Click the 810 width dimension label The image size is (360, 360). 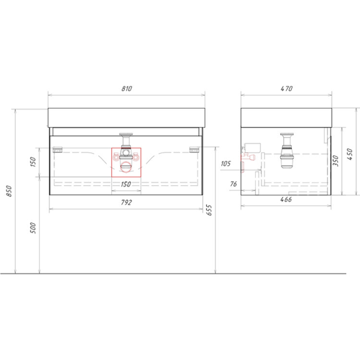pyautogui.click(x=127, y=88)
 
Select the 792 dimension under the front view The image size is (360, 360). pyautogui.click(x=126, y=202)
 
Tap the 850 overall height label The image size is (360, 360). pyautogui.click(x=9, y=190)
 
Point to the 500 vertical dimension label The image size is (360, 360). pyautogui.click(x=33, y=228)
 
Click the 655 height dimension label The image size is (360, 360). pyautogui.click(x=209, y=210)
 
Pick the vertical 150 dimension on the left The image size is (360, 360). pyautogui.click(x=33, y=162)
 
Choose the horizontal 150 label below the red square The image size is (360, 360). pyautogui.click(x=126, y=184)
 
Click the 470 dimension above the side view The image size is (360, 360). pyautogui.click(x=287, y=88)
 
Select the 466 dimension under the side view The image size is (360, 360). pyautogui.click(x=286, y=199)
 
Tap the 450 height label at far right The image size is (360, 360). pyautogui.click(x=350, y=154)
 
